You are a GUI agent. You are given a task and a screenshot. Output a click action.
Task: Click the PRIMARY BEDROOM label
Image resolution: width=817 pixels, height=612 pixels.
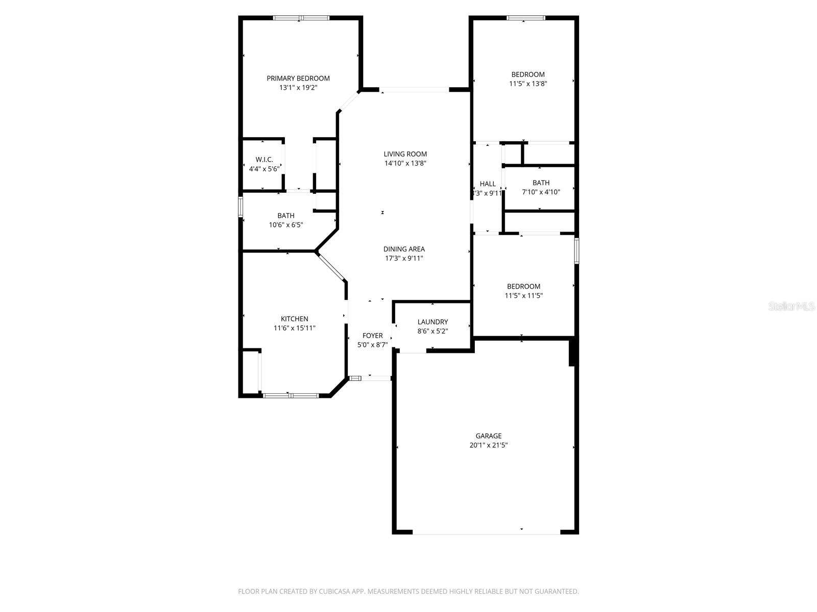tap(298, 78)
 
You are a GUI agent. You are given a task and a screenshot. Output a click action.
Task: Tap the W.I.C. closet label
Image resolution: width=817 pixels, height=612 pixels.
tap(264, 160)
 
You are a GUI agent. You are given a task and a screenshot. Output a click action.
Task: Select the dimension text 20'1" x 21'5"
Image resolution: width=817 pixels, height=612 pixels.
tap(489, 445)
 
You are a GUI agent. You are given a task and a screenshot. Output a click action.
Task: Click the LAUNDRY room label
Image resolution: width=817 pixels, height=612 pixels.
tap(432, 322)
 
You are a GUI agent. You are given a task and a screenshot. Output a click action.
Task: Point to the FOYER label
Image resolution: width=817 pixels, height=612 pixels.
tap(372, 336)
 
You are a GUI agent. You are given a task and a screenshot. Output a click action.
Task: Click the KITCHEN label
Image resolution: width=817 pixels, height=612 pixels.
tap(294, 319)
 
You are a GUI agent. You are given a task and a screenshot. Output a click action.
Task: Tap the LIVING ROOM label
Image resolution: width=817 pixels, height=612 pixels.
tap(405, 154)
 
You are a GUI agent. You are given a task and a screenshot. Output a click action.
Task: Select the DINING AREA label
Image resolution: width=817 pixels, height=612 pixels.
tap(404, 249)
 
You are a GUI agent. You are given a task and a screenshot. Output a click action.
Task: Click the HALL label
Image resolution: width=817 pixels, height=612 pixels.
tap(488, 184)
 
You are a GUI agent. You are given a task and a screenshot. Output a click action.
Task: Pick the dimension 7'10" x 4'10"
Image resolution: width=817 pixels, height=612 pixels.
tap(541, 192)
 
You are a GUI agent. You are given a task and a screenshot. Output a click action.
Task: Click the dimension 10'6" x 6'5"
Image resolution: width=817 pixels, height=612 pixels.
tap(286, 225)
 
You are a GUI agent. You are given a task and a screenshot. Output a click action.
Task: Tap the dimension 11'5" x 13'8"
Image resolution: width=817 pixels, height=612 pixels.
tap(528, 84)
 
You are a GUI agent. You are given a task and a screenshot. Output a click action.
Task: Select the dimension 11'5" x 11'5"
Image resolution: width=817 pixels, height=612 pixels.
tap(523, 296)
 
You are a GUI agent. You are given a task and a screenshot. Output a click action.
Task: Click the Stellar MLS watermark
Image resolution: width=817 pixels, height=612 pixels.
tap(791, 307)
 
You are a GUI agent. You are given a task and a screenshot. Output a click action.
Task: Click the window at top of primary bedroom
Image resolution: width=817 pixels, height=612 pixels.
tap(301, 18)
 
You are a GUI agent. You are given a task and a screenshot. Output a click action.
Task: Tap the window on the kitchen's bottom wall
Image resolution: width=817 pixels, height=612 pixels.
tap(291, 395)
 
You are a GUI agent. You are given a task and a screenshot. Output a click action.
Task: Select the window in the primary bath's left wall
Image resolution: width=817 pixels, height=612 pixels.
tap(241, 208)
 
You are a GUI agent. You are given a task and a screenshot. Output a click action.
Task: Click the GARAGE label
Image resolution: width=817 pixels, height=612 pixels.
tap(489, 436)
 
